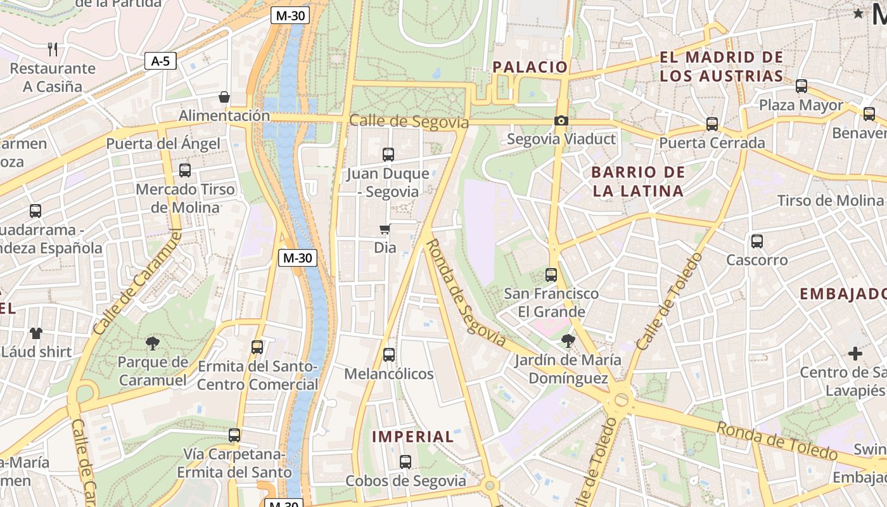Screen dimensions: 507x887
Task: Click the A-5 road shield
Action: click(160, 61)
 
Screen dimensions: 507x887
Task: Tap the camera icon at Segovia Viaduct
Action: click(561, 121)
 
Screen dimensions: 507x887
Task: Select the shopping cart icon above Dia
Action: click(385, 229)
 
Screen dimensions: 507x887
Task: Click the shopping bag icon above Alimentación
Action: click(224, 97)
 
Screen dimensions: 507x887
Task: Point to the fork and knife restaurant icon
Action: click(53, 49)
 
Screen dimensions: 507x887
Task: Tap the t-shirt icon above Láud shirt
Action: click(35, 333)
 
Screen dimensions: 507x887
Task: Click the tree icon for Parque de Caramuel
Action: click(152, 343)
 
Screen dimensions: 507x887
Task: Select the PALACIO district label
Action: click(530, 67)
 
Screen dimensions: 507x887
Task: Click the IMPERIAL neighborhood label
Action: click(412, 437)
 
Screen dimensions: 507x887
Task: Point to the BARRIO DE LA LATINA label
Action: click(638, 181)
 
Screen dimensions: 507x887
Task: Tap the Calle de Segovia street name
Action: click(409, 121)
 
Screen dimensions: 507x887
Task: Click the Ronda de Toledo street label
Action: click(776, 440)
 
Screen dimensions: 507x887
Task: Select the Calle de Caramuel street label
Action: click(137, 283)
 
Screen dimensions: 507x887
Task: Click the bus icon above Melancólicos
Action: click(389, 355)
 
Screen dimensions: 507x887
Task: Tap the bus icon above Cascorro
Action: click(756, 241)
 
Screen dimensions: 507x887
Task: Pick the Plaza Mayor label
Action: click(801, 105)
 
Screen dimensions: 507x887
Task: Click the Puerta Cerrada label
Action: click(712, 143)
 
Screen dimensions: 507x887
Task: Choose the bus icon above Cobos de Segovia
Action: click(405, 462)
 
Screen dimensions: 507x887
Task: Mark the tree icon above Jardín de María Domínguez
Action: click(568, 341)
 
